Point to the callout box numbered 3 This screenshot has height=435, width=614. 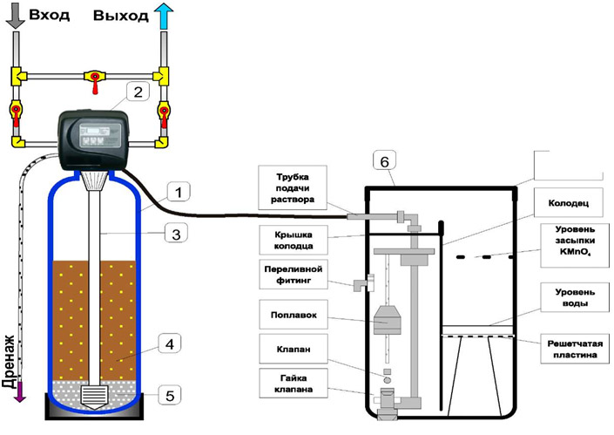(x=176, y=233)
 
